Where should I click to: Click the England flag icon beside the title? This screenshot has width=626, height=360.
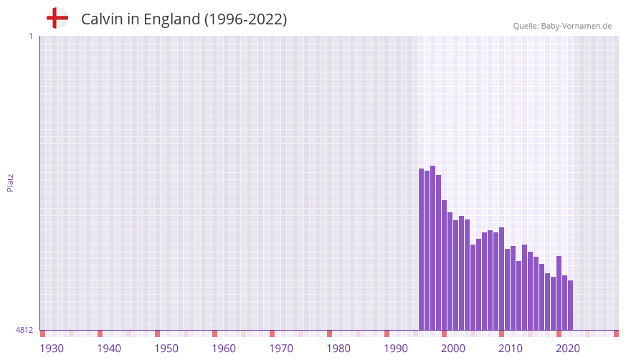point(57,18)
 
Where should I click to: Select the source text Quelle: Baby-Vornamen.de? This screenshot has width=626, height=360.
point(562,26)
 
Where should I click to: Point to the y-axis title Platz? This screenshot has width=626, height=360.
point(10,182)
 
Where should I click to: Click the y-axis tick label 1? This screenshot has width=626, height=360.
point(30,36)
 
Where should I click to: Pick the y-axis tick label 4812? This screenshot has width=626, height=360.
point(24,330)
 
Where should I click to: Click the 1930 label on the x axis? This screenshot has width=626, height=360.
point(52,349)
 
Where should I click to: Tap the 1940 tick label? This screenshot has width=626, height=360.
point(109,349)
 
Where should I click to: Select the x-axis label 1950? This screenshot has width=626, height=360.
point(166,349)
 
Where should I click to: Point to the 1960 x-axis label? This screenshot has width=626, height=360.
point(224,349)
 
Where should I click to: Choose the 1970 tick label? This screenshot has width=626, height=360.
point(281,349)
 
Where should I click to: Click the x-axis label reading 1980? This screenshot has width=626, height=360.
point(338,349)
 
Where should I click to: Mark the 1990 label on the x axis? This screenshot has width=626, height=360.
point(396,349)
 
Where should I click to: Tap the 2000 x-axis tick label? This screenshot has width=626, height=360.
point(453,349)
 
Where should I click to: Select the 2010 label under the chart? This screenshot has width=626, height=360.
point(511,349)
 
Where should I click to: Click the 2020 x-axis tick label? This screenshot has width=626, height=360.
point(568,349)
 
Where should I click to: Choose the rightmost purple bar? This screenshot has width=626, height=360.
point(571,305)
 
